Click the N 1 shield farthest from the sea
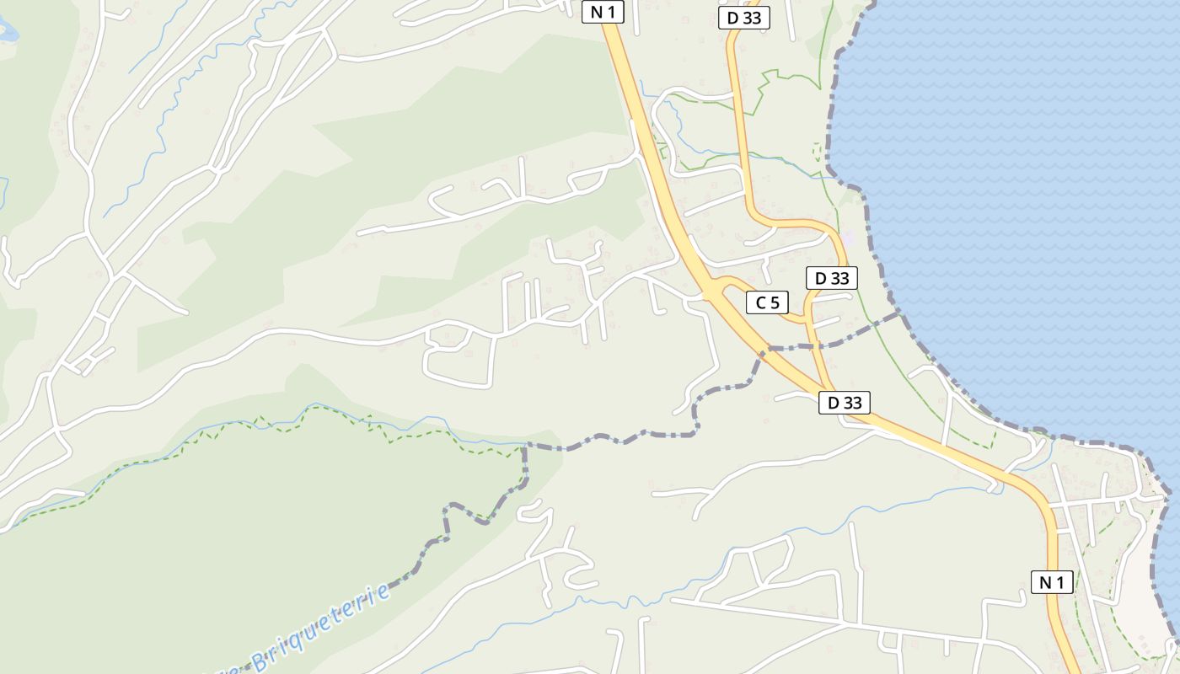(x=603, y=12)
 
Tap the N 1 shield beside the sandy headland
(x=1052, y=581)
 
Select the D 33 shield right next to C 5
(x=831, y=278)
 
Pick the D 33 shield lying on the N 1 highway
(x=844, y=403)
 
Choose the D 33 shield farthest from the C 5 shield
(x=744, y=18)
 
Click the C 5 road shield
(x=767, y=302)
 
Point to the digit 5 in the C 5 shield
(x=775, y=302)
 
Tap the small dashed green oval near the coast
(x=816, y=152)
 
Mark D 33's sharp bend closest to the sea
(x=839, y=240)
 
